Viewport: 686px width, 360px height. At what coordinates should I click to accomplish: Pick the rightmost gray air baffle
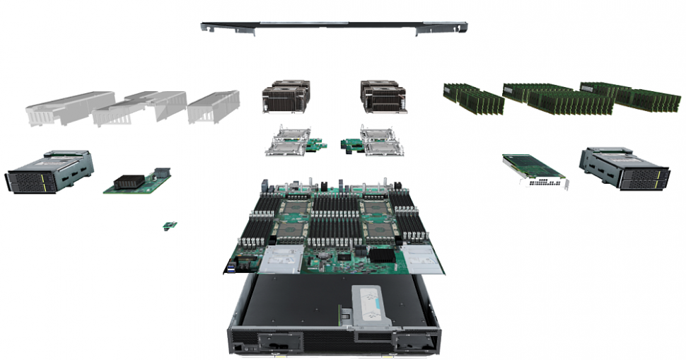click(x=212, y=106)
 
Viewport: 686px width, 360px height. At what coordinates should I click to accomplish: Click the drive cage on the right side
click(x=623, y=168)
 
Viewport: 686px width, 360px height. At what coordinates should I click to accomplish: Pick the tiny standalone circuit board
click(x=170, y=226)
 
